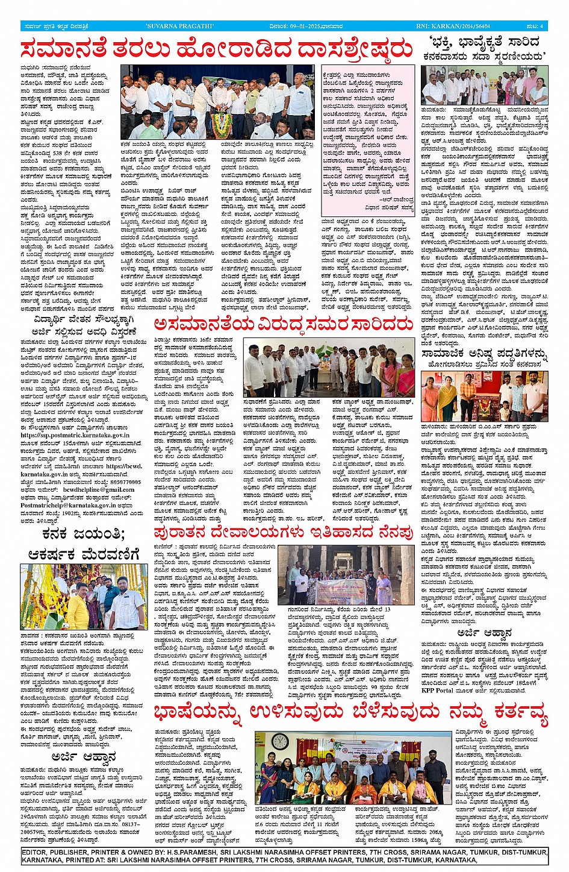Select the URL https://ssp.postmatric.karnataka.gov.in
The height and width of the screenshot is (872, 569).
click(75, 434)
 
